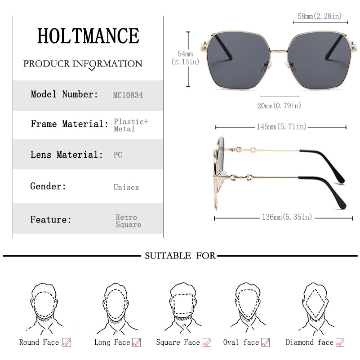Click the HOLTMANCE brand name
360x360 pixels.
[x=88, y=36]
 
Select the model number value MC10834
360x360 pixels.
[x=128, y=95]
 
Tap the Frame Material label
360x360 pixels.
[x=69, y=124]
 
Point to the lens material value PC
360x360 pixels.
[x=118, y=155]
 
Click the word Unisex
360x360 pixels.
[x=126, y=187]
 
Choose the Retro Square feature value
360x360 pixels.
[x=129, y=221]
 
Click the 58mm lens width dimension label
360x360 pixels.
[x=320, y=16]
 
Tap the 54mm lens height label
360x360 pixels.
[x=185, y=58]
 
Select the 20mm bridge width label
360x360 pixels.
[x=279, y=106]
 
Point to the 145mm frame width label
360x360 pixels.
[x=281, y=126]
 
